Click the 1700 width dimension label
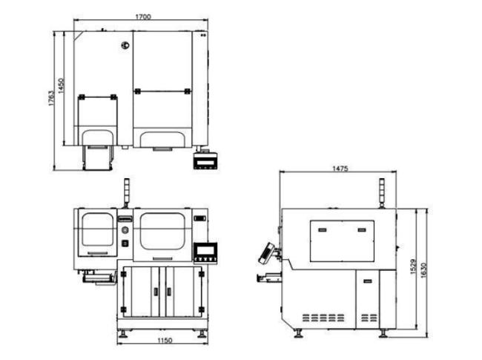pos(143,16)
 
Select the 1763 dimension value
pos(51,98)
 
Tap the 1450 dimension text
pos(61,86)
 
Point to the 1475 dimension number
pos(340,168)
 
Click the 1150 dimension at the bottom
pos(165,341)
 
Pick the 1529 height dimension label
pos(413,266)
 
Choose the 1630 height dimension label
pos(423,270)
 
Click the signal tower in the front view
pos(126,193)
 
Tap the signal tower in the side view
pos(382,193)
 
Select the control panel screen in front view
pos(205,250)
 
